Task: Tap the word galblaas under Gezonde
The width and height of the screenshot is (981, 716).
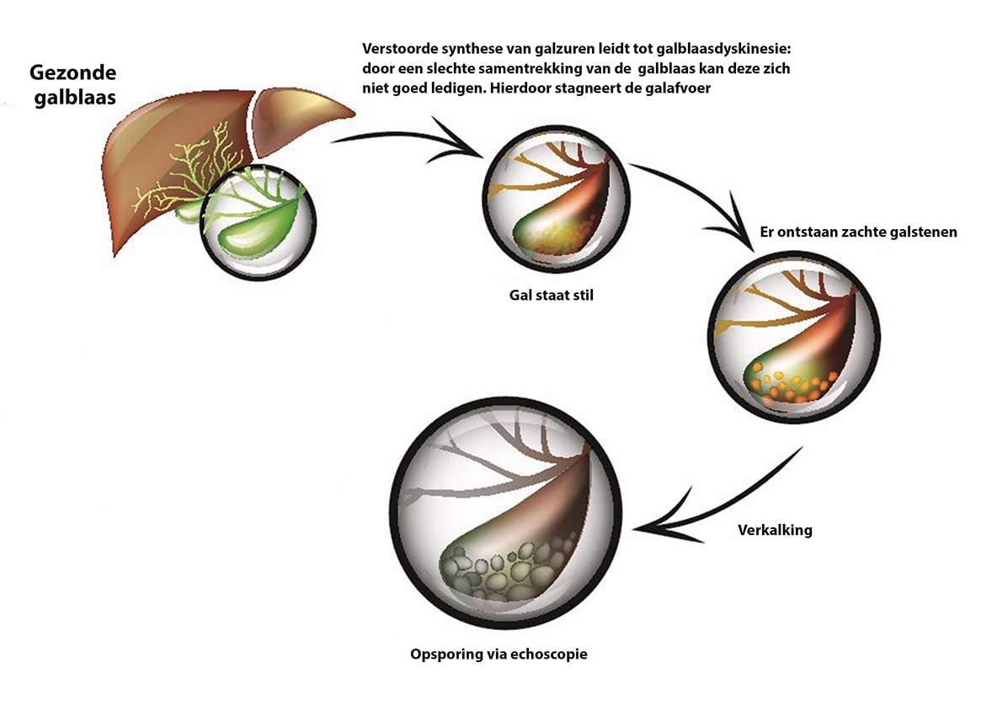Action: (x=74, y=97)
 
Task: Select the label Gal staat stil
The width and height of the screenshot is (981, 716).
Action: (x=551, y=296)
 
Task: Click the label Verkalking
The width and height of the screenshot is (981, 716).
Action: (x=775, y=530)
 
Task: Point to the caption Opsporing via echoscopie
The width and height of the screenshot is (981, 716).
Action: (x=498, y=654)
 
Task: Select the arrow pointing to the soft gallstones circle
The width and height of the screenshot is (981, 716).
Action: (x=699, y=194)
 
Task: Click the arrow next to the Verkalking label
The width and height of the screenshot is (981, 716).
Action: (x=716, y=497)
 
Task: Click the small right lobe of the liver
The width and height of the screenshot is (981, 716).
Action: (x=303, y=118)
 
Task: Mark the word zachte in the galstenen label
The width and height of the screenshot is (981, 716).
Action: (x=847, y=232)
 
